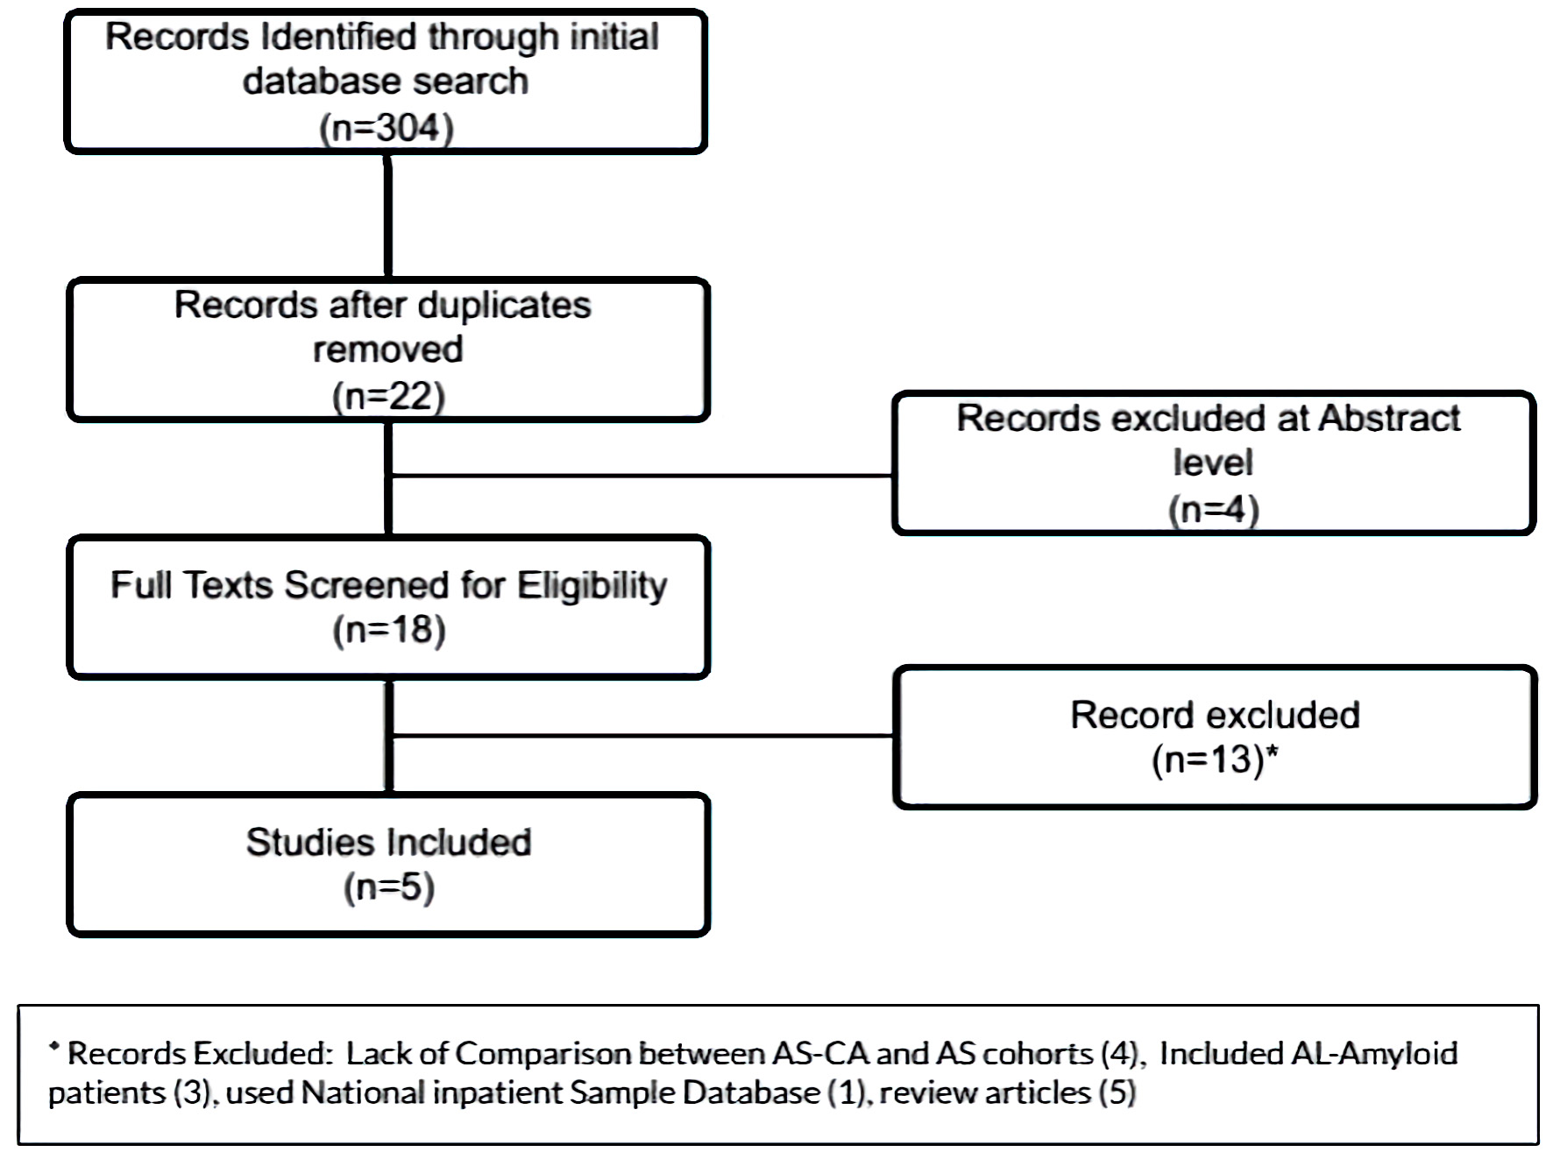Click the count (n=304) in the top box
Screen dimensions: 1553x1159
(386, 128)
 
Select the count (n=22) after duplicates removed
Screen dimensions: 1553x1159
(388, 396)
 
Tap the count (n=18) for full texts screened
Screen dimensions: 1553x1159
(389, 630)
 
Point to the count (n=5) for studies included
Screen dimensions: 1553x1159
(389, 887)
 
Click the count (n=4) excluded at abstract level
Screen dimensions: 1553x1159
(1214, 509)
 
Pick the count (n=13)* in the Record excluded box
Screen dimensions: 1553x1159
(1215, 760)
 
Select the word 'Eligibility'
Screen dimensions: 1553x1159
(592, 586)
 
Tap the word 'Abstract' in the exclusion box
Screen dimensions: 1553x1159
(1389, 419)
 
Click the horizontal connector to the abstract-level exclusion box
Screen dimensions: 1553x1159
(642, 476)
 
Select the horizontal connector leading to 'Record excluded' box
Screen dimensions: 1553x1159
(642, 736)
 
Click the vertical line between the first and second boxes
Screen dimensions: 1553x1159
(387, 216)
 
